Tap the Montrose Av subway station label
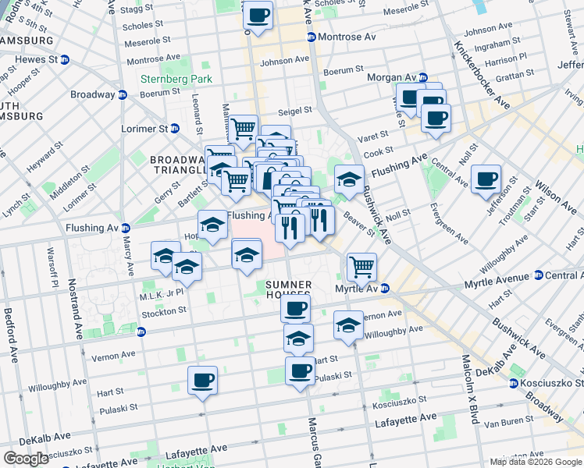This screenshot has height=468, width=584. tap(346, 37)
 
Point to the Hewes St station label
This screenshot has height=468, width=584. tap(32, 58)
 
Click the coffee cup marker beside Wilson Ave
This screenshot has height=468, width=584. tap(486, 179)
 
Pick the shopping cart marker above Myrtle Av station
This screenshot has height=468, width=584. tap(361, 267)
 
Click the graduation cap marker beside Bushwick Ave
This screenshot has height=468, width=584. tap(350, 179)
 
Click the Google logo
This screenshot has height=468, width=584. tap(27, 459)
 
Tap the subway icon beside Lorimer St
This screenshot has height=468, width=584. tap(175, 128)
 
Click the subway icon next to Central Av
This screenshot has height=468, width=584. tap(538, 275)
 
